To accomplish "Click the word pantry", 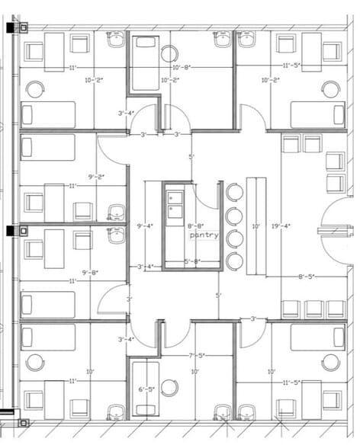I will point(204,235).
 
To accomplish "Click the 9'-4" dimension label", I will point(143,226).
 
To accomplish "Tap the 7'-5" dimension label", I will point(196,356).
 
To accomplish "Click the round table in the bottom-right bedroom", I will point(330,362).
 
